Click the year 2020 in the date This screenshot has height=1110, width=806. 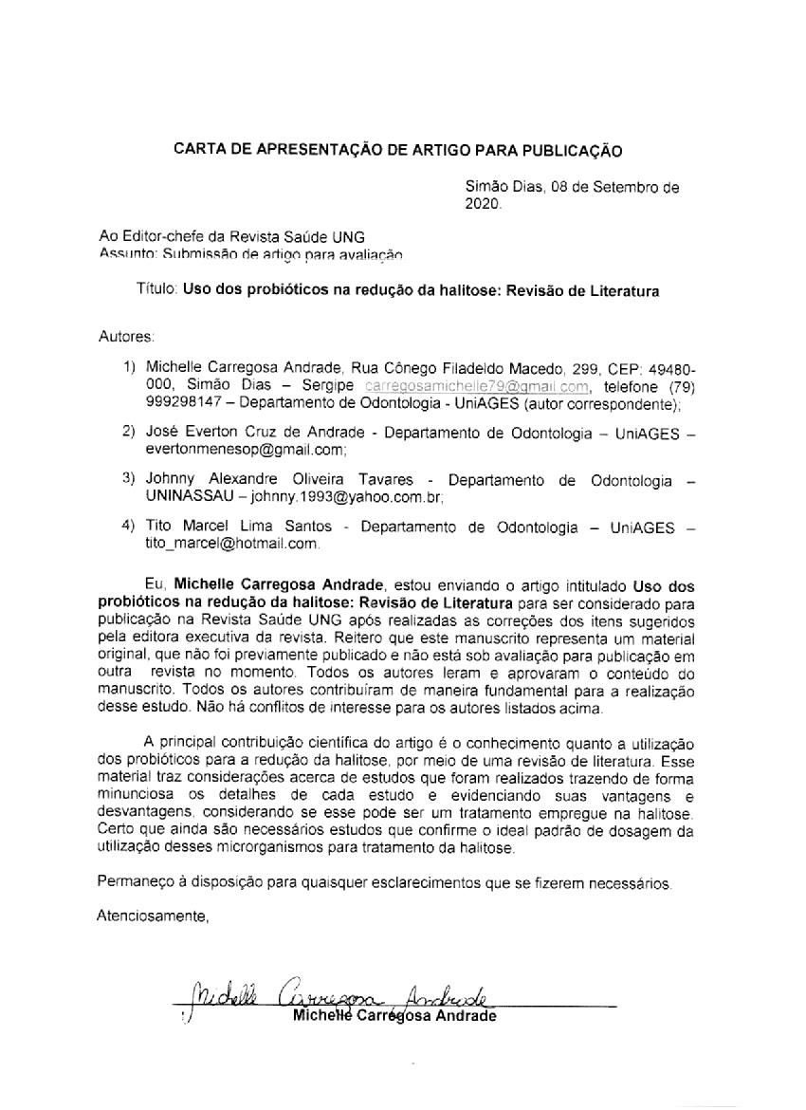pyautogui.click(x=484, y=203)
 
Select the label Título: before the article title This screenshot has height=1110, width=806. pyautogui.click(x=156, y=291)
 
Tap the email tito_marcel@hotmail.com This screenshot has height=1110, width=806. pyautogui.click(x=231, y=544)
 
